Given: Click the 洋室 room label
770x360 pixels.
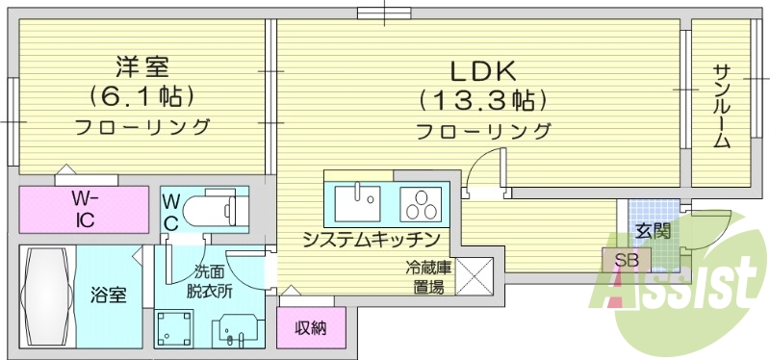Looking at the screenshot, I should [x=141, y=68].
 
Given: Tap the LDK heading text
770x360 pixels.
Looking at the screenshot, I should [x=483, y=70].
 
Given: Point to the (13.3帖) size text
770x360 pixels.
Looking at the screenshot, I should [x=483, y=99].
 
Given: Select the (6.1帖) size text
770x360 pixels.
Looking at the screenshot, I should [x=141, y=96].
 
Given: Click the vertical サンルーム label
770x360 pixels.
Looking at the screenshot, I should [x=721, y=106].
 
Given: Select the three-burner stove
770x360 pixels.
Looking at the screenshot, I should [x=421, y=204].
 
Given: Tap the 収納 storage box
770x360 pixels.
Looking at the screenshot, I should [x=310, y=327].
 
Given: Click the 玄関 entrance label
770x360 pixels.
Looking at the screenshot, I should [x=654, y=230].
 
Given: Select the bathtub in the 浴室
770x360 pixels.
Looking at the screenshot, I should [x=47, y=296].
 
